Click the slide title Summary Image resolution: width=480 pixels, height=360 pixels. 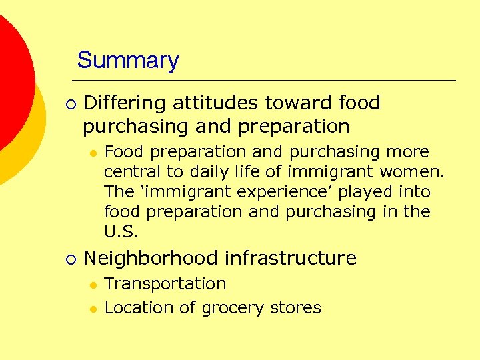coord(128,61)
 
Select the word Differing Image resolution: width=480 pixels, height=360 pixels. coord(125,103)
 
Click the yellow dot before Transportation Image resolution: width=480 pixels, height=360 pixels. coord(93,285)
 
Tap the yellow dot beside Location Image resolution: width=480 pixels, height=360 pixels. coord(93,309)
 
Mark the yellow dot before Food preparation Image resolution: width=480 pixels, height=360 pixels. coord(93,153)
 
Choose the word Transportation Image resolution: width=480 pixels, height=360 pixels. coord(165,284)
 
